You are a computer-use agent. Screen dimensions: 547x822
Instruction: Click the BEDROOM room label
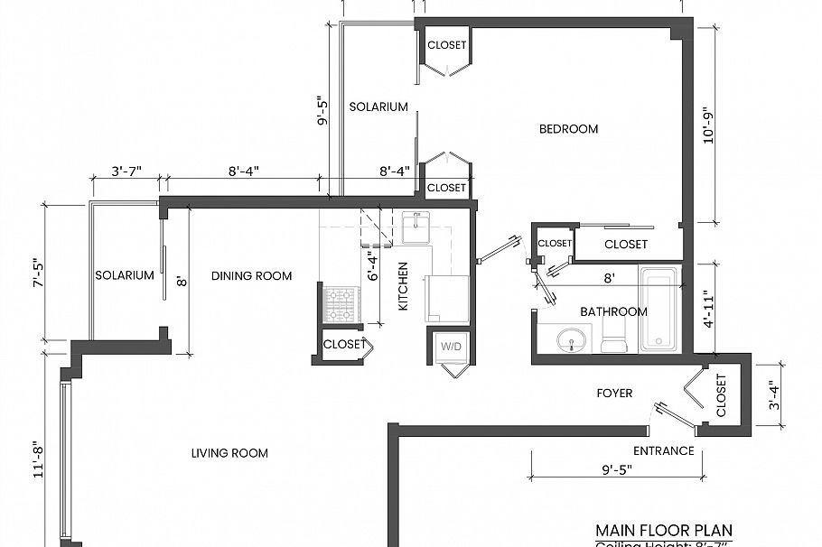(x=568, y=129)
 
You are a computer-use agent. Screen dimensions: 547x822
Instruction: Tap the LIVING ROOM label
(x=229, y=453)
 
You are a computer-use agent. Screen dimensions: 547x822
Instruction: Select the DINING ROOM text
(x=252, y=275)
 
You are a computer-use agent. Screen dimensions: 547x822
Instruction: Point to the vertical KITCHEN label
(x=404, y=287)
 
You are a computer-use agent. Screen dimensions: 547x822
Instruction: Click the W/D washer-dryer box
(x=450, y=347)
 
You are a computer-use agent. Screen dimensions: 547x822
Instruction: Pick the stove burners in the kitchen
(x=341, y=304)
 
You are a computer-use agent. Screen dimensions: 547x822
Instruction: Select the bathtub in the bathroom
(x=659, y=309)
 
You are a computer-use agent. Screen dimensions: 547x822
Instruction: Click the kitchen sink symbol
(x=416, y=227)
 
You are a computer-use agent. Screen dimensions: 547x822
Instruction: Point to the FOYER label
(x=614, y=394)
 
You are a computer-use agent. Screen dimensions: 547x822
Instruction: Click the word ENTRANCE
(x=664, y=451)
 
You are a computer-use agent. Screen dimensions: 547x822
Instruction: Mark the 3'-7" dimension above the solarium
(x=126, y=170)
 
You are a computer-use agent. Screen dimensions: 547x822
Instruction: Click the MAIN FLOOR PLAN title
(x=664, y=530)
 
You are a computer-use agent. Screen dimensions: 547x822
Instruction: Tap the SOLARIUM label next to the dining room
(x=125, y=275)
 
